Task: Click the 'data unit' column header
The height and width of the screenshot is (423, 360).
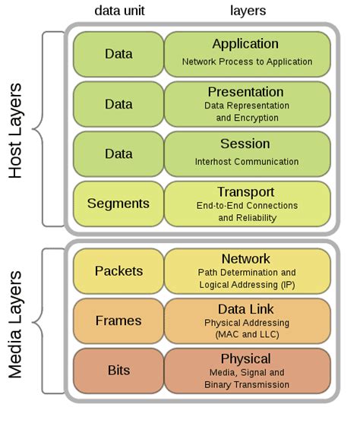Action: tap(119, 11)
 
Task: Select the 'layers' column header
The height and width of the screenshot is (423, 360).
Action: tap(248, 11)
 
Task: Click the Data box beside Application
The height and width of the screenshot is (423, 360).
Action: tap(118, 54)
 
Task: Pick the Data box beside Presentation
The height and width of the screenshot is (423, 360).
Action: tap(118, 103)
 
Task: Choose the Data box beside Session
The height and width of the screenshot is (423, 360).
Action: tap(118, 153)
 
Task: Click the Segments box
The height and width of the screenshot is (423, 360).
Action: tap(118, 204)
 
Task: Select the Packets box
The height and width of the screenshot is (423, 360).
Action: tap(118, 271)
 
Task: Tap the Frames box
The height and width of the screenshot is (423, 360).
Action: tap(118, 320)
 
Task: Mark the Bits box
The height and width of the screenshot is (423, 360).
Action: tap(118, 371)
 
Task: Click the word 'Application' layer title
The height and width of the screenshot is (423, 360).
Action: tap(245, 44)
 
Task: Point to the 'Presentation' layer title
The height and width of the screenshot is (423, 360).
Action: tap(245, 92)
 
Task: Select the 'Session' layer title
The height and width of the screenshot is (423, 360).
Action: tap(245, 144)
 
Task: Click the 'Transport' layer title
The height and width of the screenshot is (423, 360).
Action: tap(245, 191)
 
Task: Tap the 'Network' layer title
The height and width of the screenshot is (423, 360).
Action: tap(245, 259)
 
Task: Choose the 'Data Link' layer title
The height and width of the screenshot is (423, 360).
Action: tap(245, 308)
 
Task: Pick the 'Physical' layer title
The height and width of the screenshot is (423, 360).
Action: tap(245, 358)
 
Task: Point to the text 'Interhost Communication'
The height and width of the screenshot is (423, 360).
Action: tap(247, 161)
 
